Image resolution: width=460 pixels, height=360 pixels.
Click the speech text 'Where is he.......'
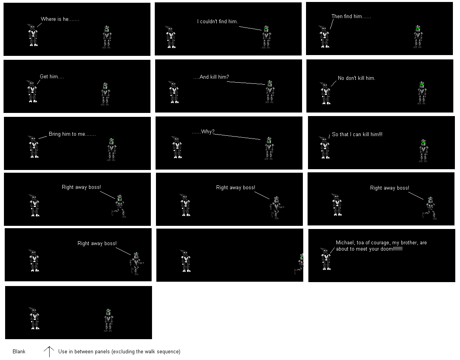[x=60, y=19]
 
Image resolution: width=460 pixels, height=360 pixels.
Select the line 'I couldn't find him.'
[x=217, y=21]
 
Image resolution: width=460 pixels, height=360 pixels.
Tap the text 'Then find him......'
[x=351, y=17]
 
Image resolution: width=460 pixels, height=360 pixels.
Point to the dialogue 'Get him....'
[x=52, y=76]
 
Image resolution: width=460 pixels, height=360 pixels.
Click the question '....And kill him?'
[x=211, y=77]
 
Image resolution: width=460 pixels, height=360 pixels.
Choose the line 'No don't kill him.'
[x=356, y=78]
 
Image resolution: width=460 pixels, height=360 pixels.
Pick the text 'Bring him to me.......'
[x=72, y=134]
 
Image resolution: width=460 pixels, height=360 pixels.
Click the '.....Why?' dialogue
[x=203, y=132]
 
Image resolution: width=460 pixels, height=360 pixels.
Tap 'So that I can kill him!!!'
[x=357, y=134]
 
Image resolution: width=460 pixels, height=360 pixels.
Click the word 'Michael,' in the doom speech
[x=345, y=243]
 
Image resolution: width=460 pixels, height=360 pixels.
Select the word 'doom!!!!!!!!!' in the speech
[x=391, y=249]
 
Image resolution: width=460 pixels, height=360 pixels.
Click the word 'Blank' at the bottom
[x=19, y=351]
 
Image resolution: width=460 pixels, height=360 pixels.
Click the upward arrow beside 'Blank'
[x=49, y=352]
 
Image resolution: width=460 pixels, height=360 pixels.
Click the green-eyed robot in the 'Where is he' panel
[x=107, y=37]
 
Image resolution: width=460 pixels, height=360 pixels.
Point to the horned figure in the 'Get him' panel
[x=32, y=91]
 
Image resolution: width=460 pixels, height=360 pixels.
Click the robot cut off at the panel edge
[x=300, y=264]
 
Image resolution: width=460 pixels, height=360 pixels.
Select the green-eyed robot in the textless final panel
[x=108, y=320]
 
